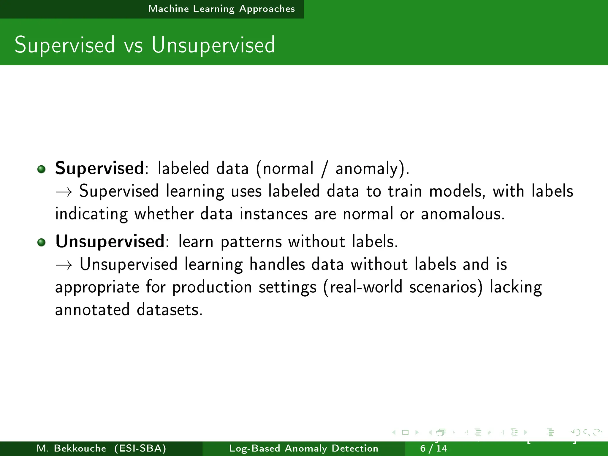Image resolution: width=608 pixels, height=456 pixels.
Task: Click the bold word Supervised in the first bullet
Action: point(99,168)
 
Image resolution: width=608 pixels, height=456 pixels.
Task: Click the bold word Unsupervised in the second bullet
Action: point(110,241)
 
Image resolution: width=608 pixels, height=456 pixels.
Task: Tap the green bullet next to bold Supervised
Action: point(42,169)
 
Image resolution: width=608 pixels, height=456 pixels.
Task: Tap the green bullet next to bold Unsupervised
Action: point(42,242)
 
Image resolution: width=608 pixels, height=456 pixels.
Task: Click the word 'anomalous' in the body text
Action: point(463,214)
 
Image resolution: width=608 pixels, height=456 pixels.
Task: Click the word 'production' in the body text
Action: point(212,287)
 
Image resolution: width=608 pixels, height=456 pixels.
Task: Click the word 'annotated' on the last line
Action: point(93,310)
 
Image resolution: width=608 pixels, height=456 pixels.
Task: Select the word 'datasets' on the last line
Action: point(170,310)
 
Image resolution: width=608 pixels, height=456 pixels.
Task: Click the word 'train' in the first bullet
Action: point(405,191)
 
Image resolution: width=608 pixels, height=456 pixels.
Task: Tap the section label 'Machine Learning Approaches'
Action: point(221,9)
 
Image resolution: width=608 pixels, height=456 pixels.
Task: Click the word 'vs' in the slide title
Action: point(133,45)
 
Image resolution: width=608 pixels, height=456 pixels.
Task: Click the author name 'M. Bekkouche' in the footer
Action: point(71,448)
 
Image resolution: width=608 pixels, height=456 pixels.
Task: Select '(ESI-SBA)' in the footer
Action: point(140,448)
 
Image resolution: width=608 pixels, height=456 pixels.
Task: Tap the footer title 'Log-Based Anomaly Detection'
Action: point(304,448)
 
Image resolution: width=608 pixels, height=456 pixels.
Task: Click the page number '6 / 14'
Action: point(433,448)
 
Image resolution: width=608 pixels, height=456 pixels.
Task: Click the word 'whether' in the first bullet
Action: point(164,214)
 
